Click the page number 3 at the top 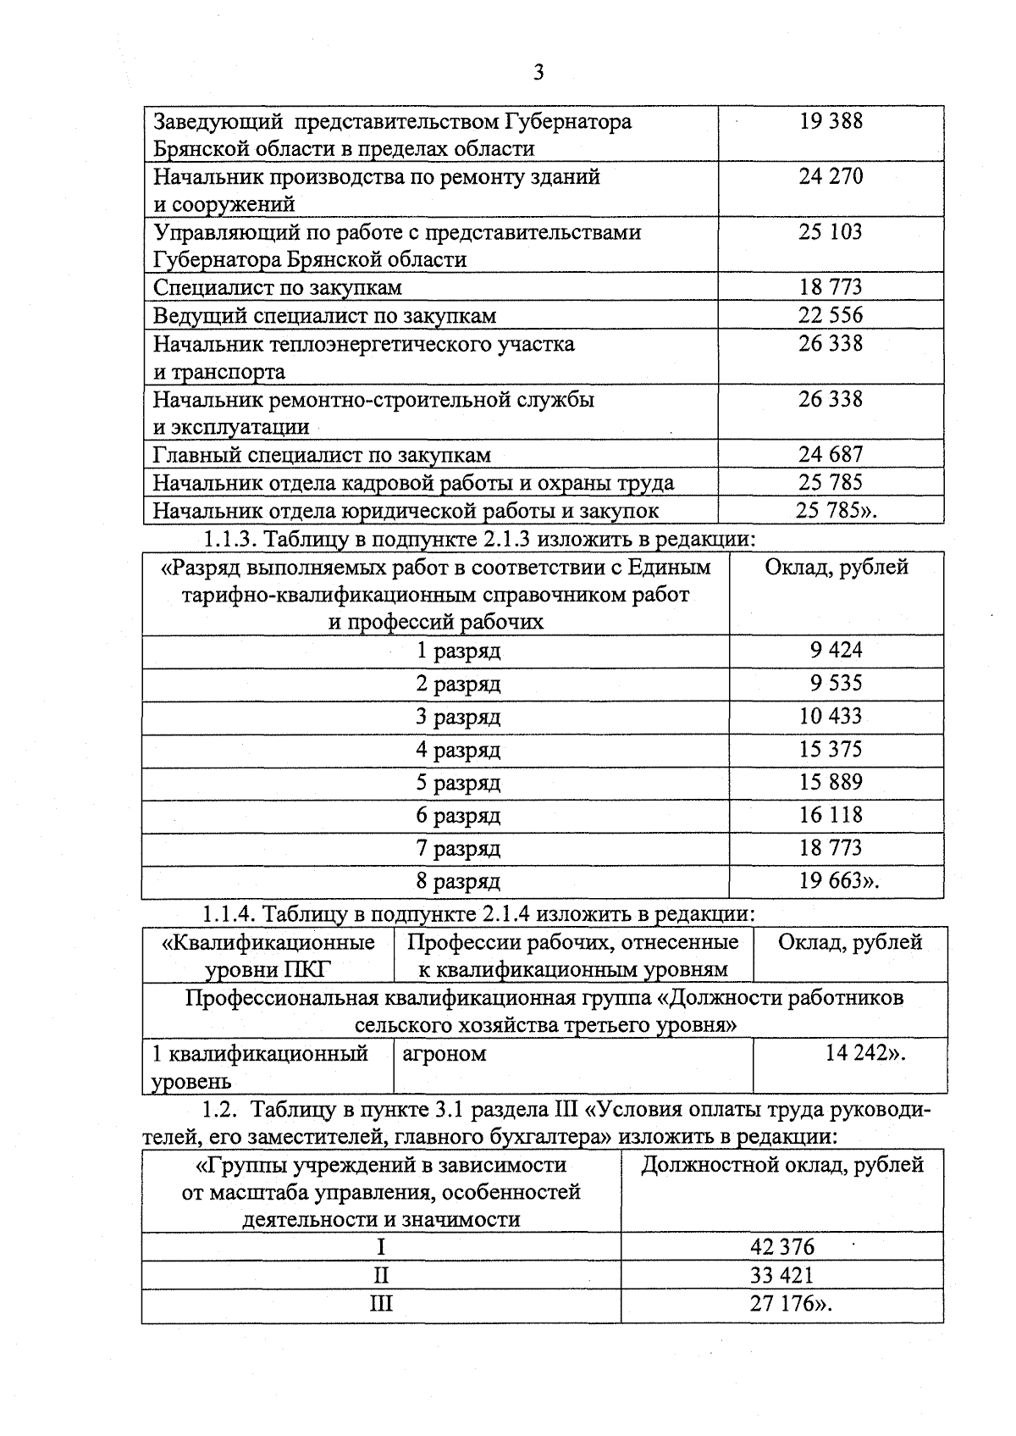pyautogui.click(x=538, y=73)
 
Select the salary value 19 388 pyautogui.click(x=831, y=121)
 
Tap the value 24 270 pyautogui.click(x=831, y=176)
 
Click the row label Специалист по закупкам pyautogui.click(x=277, y=288)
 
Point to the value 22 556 pyautogui.click(x=831, y=315)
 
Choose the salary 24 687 pyautogui.click(x=831, y=455)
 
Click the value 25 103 pyautogui.click(x=831, y=232)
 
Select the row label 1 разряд pyautogui.click(x=458, y=651)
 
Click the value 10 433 pyautogui.click(x=831, y=716)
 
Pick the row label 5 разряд pyautogui.click(x=458, y=783)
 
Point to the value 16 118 pyautogui.click(x=831, y=815)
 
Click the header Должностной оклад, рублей pyautogui.click(x=781, y=1165)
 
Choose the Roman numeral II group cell pyautogui.click(x=381, y=1276)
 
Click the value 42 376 pyautogui.click(x=781, y=1247)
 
